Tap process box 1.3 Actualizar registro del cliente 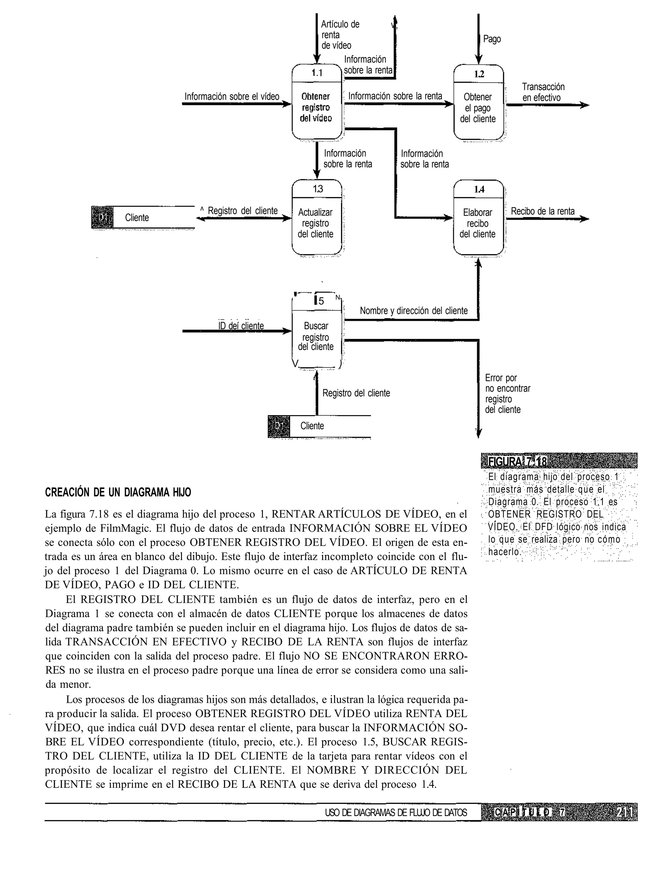(317, 218)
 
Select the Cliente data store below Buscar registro (319, 426)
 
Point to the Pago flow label (492, 39)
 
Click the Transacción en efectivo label (543, 92)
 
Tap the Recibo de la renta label (543, 211)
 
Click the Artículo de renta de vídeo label (340, 35)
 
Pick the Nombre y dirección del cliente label (414, 311)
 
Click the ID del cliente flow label (241, 326)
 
